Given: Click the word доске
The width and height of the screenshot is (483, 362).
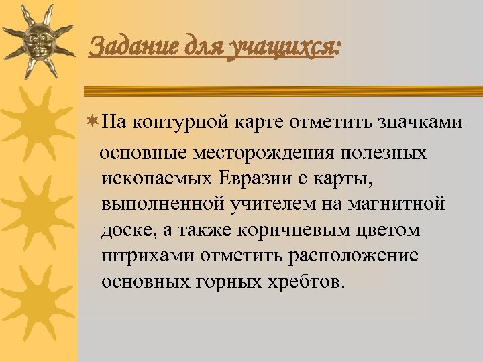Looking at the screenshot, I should tap(123, 230).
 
